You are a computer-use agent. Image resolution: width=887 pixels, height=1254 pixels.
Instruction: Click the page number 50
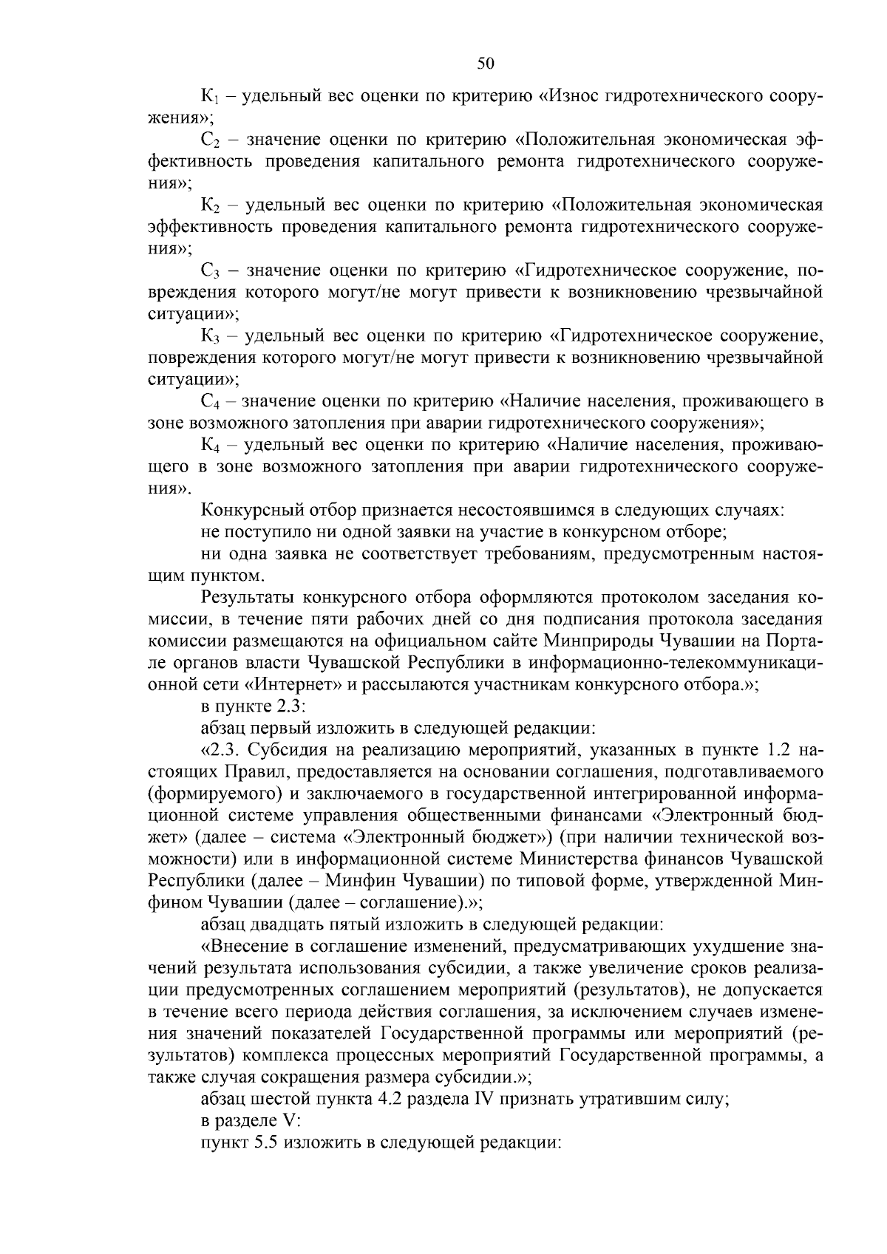pos(486,64)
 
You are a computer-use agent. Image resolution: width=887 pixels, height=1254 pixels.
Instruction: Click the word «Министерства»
pos(584,859)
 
